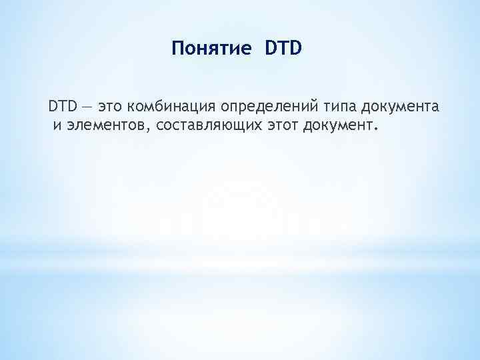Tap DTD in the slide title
283,49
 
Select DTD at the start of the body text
63,106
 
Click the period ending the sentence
375,127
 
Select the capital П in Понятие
177,49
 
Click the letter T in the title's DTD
283,49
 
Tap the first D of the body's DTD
53,106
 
